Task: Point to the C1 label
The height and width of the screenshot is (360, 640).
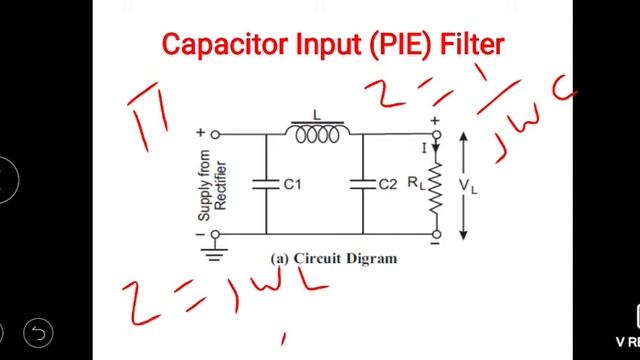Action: click(x=293, y=185)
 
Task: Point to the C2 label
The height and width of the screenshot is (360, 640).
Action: click(x=388, y=185)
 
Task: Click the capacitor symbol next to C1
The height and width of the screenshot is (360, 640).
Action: click(x=267, y=184)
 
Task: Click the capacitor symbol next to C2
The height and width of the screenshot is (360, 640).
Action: click(x=363, y=184)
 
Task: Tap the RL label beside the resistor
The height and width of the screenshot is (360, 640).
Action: click(x=414, y=184)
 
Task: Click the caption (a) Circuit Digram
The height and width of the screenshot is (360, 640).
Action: click(x=333, y=258)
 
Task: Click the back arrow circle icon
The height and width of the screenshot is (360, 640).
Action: click(x=37, y=332)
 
